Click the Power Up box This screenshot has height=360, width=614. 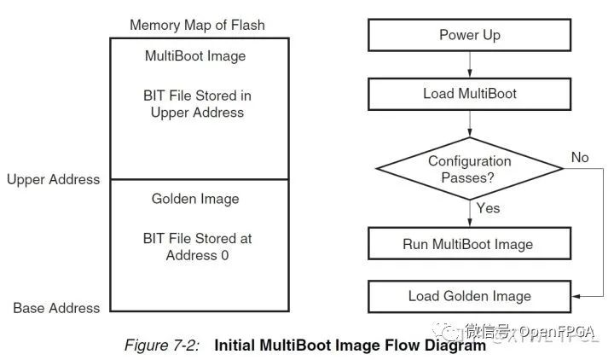click(469, 35)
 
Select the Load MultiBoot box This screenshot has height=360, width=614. click(469, 94)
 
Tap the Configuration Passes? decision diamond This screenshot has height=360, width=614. click(469, 169)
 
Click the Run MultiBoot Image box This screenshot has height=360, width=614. click(469, 244)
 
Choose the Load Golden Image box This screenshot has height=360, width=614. click(469, 296)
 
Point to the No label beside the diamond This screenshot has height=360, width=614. click(580, 157)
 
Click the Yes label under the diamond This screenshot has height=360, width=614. click(488, 207)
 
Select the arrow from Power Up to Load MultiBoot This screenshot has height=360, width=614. click(469, 64)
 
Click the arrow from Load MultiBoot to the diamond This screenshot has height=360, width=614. click(469, 123)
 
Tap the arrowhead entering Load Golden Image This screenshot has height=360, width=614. click(576, 296)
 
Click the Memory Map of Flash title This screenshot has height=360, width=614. click(197, 25)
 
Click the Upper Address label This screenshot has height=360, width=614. click(53, 179)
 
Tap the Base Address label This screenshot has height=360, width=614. click(56, 308)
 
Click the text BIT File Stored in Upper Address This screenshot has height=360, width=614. click(197, 103)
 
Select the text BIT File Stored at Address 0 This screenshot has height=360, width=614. click(197, 247)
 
